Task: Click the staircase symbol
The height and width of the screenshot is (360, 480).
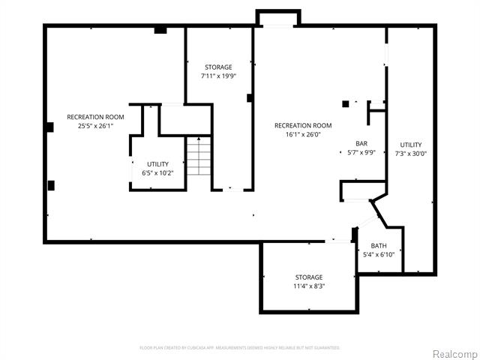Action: [x=198, y=157]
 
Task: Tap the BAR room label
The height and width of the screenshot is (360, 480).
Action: [x=361, y=143]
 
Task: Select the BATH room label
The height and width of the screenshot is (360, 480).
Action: [x=379, y=245]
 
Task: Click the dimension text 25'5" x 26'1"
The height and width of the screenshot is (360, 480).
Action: [x=95, y=126]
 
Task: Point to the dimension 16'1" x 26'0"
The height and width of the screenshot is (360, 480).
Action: [x=303, y=135]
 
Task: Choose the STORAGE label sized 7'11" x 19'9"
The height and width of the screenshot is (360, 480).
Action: [x=219, y=67]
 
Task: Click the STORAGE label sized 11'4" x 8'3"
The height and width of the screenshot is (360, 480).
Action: [x=308, y=277]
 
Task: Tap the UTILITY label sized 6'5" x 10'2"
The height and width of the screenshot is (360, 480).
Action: [x=157, y=163]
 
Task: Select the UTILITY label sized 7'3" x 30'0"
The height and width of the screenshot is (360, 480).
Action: [x=410, y=144]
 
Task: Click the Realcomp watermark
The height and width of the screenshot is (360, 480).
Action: [x=453, y=353]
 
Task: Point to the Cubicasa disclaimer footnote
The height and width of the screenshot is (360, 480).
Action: [x=240, y=348]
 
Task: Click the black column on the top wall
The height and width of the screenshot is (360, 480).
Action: [x=160, y=30]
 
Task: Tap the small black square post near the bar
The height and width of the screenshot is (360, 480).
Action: [x=345, y=103]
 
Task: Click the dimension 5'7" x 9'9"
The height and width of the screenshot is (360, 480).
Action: [x=361, y=153]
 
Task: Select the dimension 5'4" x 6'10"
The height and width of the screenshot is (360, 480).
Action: [x=379, y=255]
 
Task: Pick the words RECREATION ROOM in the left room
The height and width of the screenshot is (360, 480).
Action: [x=95, y=117]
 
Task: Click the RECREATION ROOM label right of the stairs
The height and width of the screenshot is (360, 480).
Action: [x=303, y=125]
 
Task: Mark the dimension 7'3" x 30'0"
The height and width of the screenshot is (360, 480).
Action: [x=410, y=154]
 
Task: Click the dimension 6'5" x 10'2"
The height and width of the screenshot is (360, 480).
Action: [x=157, y=173]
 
